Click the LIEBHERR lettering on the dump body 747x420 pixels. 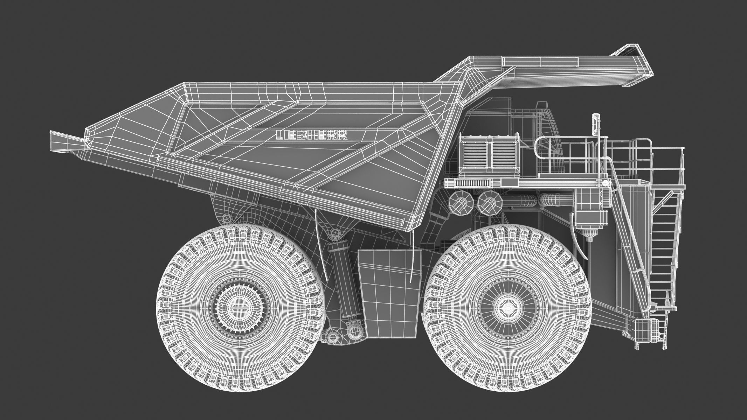click(x=312, y=135)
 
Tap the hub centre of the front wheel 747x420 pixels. click(x=506, y=307)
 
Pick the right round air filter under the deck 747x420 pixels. click(x=490, y=203)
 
